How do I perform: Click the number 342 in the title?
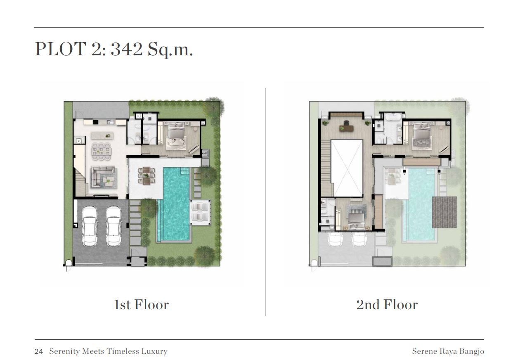coord(126,49)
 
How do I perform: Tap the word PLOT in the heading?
coord(61,49)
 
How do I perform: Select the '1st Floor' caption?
coord(142,305)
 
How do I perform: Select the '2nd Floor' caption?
coord(387,305)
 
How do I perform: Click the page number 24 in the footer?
coord(39,351)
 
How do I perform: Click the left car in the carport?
coord(90,226)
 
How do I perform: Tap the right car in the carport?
coord(114,226)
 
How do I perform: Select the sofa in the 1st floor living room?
coord(104,177)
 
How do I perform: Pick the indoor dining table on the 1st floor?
coord(101,152)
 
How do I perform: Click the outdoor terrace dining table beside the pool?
coord(146,175)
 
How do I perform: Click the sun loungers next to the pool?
coord(200,212)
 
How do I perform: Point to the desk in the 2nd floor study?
coord(346,128)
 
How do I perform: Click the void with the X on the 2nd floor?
coord(347,168)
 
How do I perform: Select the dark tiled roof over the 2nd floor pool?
coord(444,212)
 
